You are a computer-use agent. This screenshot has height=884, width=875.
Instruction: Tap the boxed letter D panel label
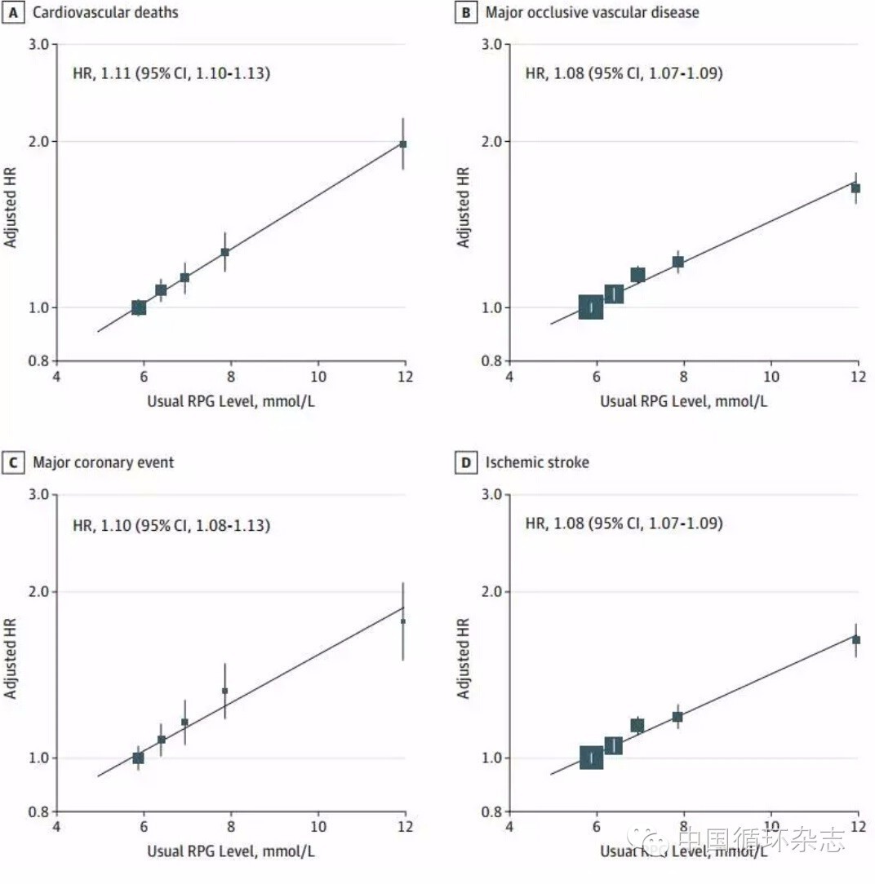[465, 463]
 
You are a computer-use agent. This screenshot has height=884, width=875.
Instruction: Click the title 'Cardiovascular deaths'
[105, 12]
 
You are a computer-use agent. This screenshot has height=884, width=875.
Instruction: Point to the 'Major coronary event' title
[103, 463]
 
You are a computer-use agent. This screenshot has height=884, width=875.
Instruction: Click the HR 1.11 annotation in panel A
[171, 73]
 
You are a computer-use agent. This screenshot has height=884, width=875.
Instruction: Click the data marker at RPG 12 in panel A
[402, 144]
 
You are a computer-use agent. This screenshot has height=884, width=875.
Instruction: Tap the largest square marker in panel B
[590, 307]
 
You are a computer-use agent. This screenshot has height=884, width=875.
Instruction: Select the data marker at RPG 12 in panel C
[402, 621]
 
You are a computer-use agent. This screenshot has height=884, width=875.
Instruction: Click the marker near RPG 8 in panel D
[677, 717]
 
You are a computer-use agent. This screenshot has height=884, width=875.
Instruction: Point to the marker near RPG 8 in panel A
[224, 252]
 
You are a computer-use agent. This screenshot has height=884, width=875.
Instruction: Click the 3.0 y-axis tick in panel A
[38, 43]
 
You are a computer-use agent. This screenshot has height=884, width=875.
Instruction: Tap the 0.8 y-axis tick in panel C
[38, 812]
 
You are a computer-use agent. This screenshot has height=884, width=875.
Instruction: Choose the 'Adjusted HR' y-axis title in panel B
[464, 207]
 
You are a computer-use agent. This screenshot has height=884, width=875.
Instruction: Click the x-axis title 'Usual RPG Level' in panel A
[230, 400]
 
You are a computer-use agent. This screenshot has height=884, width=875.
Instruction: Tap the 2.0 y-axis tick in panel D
[491, 591]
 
